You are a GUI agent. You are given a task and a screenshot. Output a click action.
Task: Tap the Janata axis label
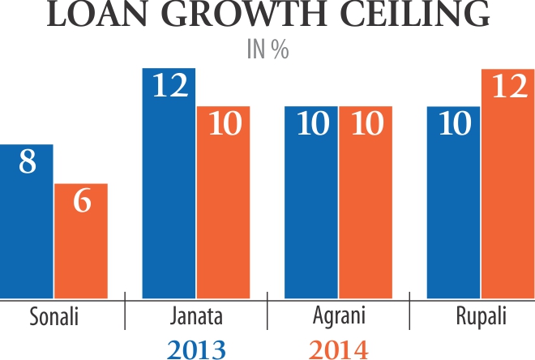point(197,315)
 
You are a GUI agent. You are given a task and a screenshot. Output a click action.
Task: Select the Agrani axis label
point(339,315)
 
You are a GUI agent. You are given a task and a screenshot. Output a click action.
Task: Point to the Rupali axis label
point(481,315)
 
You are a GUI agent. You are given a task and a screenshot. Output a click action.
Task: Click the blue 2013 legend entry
point(195,349)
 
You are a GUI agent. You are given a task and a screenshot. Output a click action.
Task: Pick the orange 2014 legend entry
point(338,349)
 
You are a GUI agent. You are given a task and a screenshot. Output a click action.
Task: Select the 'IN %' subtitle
point(267,49)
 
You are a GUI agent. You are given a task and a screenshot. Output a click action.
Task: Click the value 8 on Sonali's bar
point(27,162)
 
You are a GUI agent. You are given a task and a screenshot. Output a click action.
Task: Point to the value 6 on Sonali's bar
point(81,201)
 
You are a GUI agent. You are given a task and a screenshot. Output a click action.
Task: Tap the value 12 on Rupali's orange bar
point(508,87)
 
